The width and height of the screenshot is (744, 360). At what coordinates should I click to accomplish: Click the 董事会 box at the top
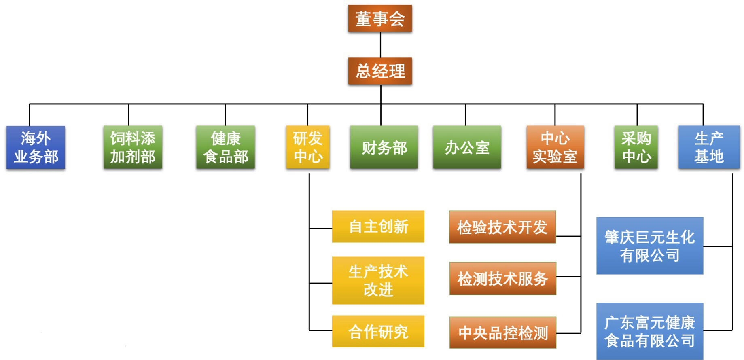point(380,19)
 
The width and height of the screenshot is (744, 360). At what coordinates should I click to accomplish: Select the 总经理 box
point(380,71)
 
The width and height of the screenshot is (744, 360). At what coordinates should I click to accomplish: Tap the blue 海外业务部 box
point(36,147)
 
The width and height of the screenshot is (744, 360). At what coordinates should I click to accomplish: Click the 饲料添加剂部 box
point(133,147)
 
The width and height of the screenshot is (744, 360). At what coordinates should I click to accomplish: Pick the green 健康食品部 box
point(225,147)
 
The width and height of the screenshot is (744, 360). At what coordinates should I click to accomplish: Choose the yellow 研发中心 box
point(307,147)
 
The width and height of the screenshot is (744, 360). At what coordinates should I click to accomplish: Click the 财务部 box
point(384,147)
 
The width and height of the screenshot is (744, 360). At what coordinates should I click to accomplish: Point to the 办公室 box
point(467,147)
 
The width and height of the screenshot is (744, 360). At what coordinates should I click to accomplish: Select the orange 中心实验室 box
point(555,147)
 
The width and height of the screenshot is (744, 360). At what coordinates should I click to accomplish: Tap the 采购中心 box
point(636,147)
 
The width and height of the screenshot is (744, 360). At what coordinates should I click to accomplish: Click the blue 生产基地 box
point(709,147)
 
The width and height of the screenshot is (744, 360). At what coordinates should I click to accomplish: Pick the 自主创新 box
point(378,227)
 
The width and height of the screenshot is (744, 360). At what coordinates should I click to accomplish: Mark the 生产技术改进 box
point(378,280)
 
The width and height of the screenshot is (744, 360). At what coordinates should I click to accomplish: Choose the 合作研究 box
point(378,331)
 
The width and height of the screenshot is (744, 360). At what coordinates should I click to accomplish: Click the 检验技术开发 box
point(502,227)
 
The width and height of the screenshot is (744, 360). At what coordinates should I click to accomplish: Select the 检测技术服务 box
point(502,278)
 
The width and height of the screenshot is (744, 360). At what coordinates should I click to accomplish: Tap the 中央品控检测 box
point(502,332)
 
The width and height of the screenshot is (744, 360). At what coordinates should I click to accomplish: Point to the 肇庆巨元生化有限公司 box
point(649,246)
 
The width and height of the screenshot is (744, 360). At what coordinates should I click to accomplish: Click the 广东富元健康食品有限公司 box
point(649,331)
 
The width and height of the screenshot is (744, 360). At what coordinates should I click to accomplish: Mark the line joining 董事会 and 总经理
point(380,45)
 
